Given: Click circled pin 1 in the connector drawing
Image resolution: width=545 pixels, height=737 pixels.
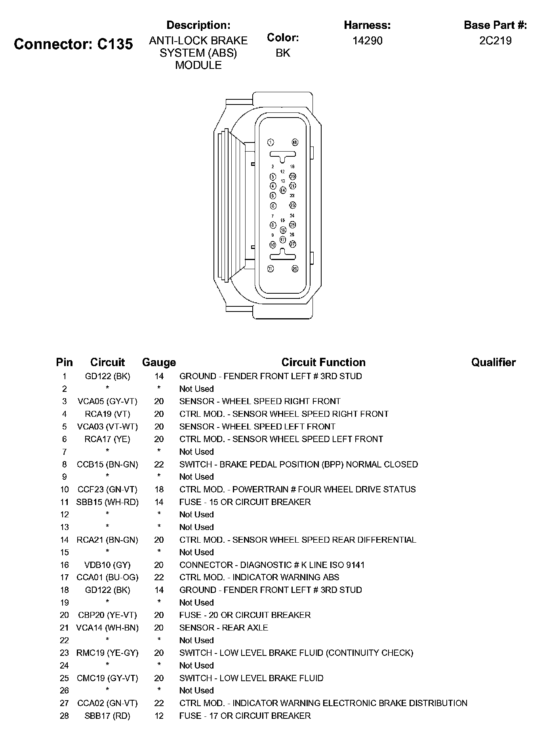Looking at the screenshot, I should [271, 142].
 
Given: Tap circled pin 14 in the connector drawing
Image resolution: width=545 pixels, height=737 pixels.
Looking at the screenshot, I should [283, 190].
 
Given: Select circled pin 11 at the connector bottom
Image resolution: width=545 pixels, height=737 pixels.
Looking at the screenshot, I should [271, 268].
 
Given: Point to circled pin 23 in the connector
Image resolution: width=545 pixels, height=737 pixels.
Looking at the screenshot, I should [292, 205].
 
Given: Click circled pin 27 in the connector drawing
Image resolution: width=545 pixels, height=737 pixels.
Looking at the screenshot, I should [292, 244].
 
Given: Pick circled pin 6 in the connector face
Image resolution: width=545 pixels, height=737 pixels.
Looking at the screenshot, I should [273, 205].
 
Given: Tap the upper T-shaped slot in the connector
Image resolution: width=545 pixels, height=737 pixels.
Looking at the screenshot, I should [283, 156].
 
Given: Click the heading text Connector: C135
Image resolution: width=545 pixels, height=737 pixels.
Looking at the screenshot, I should [73, 44].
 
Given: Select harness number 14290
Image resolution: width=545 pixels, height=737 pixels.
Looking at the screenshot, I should [367, 41].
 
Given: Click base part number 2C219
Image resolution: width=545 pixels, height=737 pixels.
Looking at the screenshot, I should [495, 41].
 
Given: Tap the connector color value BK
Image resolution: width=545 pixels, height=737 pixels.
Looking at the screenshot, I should [283, 53].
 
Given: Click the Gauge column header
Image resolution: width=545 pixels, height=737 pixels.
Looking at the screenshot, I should [159, 362].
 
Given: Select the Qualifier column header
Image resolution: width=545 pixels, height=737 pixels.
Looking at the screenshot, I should [493, 362].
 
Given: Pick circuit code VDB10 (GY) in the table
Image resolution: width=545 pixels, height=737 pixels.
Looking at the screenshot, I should [107, 565].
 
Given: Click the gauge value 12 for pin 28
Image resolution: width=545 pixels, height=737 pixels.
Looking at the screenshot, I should [159, 716].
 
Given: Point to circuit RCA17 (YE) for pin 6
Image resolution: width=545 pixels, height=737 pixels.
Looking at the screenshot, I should [107, 439].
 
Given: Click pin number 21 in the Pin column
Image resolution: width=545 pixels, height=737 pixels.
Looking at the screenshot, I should [64, 628].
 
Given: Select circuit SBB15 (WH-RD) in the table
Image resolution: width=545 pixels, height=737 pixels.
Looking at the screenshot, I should [107, 502].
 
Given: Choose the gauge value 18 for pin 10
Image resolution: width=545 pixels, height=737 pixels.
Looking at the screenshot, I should [159, 489].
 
